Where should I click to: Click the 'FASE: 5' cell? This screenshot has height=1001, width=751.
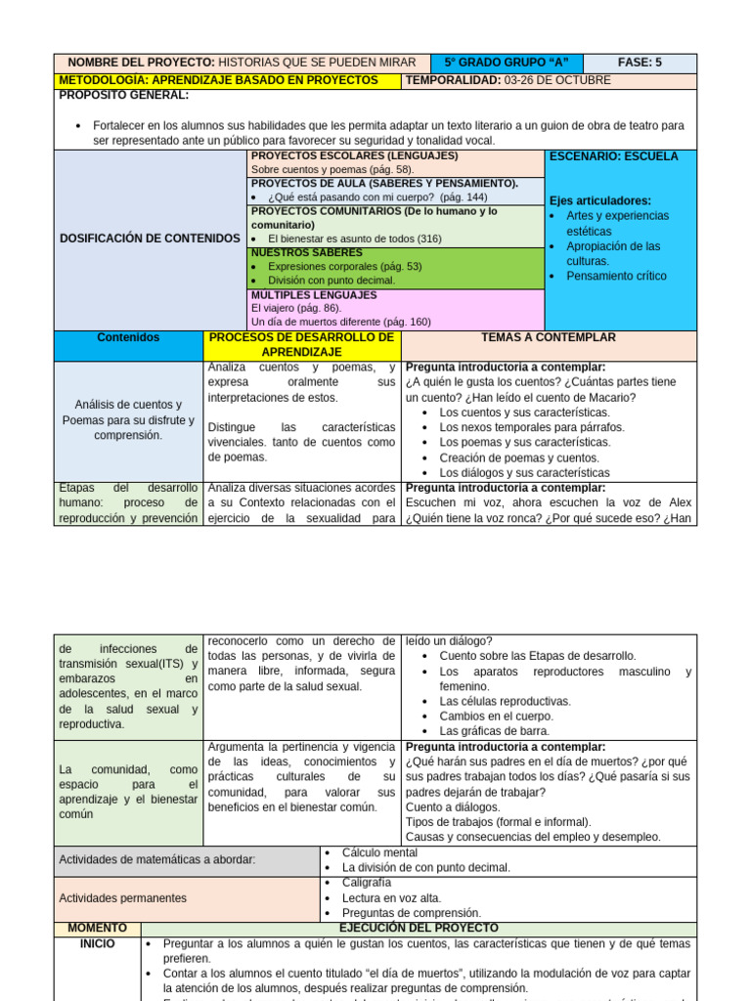pos(641,63)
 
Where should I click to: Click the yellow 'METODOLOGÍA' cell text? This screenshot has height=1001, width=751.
pos(218,80)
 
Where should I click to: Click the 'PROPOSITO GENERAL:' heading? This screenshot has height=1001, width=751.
pos(124,95)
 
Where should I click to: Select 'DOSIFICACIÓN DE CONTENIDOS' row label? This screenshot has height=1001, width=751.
pos(150,239)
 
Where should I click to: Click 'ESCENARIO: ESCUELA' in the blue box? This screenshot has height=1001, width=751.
pos(614,156)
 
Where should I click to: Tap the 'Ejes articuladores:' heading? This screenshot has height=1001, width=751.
pos(600,200)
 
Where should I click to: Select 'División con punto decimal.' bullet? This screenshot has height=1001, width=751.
pos(331,280)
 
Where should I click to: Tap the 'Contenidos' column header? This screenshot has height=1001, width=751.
pos(128,338)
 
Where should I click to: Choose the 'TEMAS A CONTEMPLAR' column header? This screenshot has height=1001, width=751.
pos(549,338)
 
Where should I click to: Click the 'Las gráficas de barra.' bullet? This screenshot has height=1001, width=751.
pos(494,730)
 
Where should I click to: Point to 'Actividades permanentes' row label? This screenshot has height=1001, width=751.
pos(122,897)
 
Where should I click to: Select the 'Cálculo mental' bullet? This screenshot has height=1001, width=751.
pos(380,853)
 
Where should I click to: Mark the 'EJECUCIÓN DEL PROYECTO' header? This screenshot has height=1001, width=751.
pos(419,928)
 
